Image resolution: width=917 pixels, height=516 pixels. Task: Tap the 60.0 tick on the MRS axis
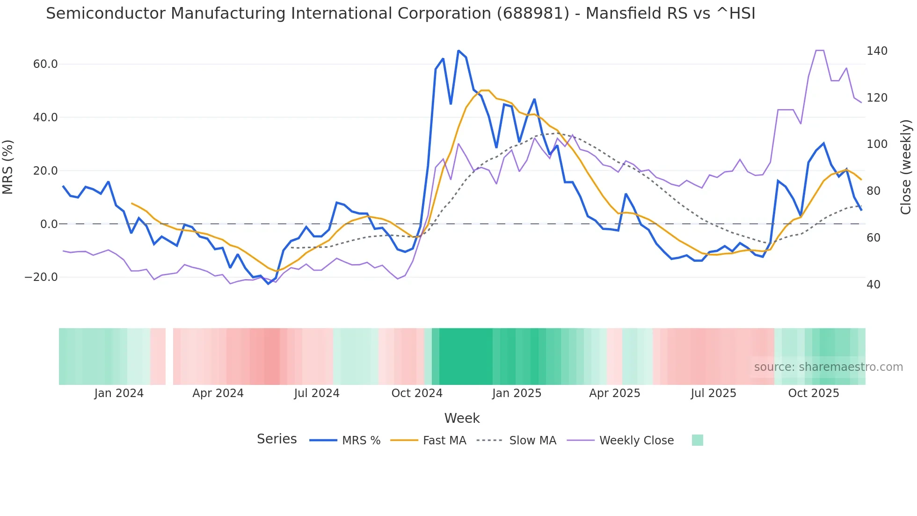pyautogui.click(x=45, y=64)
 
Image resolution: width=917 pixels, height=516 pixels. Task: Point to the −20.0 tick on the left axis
pyautogui.click(x=41, y=277)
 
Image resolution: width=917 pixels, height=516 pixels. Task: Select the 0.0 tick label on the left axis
pyautogui.click(x=49, y=224)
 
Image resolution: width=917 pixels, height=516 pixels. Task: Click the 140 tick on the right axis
pyautogui.click(x=877, y=51)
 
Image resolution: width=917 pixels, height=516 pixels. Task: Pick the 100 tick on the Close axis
pyautogui.click(x=877, y=144)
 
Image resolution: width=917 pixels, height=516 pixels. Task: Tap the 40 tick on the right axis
pyautogui.click(x=873, y=285)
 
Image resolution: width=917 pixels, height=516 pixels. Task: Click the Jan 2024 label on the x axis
pyautogui.click(x=119, y=393)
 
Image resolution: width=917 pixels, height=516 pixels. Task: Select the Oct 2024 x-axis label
pyautogui.click(x=417, y=393)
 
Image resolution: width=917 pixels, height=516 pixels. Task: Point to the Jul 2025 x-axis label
pyautogui.click(x=713, y=393)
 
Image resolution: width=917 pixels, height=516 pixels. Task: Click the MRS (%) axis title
pyautogui.click(x=8, y=167)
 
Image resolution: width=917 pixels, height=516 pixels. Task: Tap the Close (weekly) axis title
pyautogui.click(x=906, y=167)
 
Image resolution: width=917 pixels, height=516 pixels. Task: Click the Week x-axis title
pyautogui.click(x=462, y=418)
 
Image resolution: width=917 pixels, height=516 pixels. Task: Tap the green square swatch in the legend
pyautogui.click(x=697, y=440)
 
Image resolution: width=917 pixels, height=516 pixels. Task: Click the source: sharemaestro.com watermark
pyautogui.click(x=828, y=367)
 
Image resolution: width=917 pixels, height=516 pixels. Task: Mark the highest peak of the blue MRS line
pyautogui.click(x=458, y=51)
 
